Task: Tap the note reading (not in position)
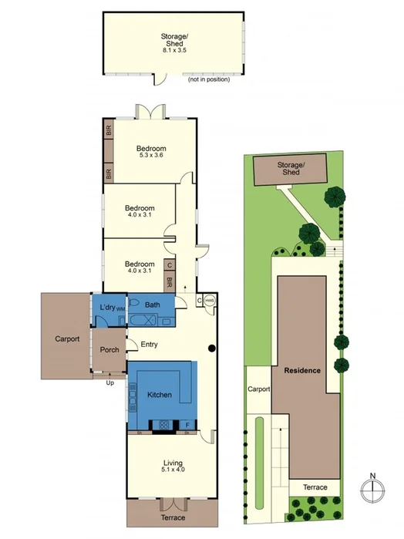207,79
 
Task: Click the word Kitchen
160,395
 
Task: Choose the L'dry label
106,308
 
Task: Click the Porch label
109,349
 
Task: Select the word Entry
149,345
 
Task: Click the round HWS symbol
209,302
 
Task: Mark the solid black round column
210,349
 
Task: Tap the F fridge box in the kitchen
187,425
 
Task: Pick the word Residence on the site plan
302,370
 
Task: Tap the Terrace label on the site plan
315,487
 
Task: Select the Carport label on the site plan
258,389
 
